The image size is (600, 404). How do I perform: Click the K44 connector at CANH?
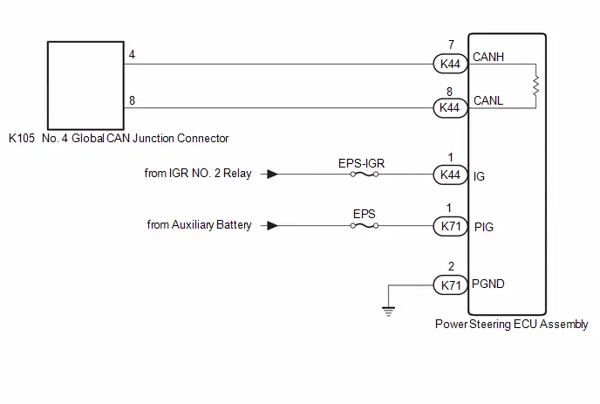coord(450,64)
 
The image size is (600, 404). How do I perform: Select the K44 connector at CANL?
coord(450,107)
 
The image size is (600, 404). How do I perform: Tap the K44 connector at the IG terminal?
coord(450,175)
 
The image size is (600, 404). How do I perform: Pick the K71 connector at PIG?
coord(450,226)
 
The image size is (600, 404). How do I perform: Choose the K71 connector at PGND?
coord(450,285)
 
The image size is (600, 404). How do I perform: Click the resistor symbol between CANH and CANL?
coord(535,86)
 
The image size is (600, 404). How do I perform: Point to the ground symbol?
coord(388,312)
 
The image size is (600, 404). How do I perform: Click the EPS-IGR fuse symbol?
coord(365,175)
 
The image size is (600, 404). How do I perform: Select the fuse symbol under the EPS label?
coord(365,226)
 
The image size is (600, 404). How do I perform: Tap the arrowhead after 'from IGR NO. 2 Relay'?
coord(273,175)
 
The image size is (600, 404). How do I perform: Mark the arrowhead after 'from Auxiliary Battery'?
coord(273,225)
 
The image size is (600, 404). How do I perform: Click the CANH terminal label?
coord(488,57)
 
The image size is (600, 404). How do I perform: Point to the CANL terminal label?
coord(488,100)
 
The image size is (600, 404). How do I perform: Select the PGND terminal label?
coord(488,284)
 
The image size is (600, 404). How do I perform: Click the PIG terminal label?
coord(484,227)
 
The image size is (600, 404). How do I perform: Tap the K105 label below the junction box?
coord(22,138)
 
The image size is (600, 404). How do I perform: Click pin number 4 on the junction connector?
coord(132,55)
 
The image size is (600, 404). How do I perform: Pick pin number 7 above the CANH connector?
coord(452,45)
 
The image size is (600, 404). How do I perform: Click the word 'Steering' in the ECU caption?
coord(490,325)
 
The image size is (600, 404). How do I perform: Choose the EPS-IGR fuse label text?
coord(361,163)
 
